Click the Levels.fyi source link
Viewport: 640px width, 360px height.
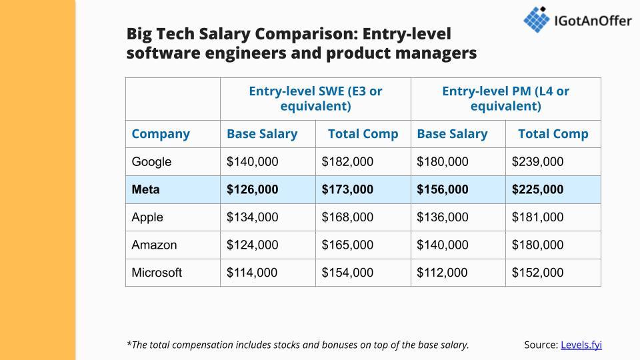(581, 345)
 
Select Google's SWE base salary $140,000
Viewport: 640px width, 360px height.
(253, 162)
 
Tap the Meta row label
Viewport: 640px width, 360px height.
(146, 189)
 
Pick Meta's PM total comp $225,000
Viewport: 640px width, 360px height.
(537, 189)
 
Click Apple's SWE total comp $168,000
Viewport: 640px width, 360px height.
(347, 217)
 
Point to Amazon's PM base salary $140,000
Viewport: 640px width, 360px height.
(443, 245)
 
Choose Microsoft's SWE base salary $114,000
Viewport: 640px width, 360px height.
(253, 273)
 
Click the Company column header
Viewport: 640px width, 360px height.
(161, 134)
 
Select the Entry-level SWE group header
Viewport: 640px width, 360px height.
(315, 99)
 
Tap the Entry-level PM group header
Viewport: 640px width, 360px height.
(505, 99)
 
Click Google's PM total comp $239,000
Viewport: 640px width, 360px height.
(537, 162)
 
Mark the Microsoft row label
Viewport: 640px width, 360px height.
(157, 273)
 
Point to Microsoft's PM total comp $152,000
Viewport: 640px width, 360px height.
(537, 273)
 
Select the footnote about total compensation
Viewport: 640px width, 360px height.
(297, 345)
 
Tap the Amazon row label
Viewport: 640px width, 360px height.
(155, 245)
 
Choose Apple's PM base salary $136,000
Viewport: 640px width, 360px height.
(443, 217)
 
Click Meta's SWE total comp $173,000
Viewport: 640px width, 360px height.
(347, 189)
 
